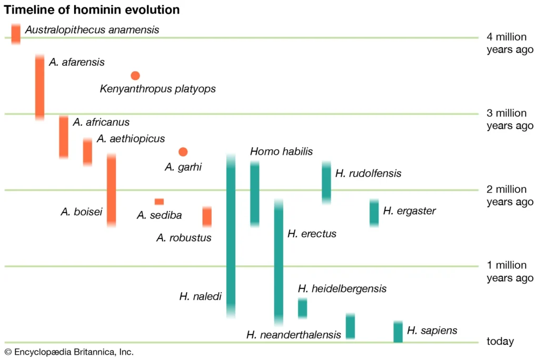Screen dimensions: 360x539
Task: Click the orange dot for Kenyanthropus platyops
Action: click(x=135, y=75)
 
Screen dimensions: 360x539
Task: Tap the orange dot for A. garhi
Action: click(x=183, y=152)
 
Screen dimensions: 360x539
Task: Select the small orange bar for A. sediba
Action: click(x=159, y=202)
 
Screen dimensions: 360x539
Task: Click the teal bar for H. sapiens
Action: click(x=398, y=332)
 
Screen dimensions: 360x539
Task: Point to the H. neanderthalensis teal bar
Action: click(x=350, y=326)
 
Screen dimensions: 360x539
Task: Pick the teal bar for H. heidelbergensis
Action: click(x=302, y=308)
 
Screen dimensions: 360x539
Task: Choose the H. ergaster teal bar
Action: click(x=374, y=213)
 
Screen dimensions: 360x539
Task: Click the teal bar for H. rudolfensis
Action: click(x=326, y=183)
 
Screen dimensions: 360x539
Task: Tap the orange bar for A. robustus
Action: click(x=207, y=217)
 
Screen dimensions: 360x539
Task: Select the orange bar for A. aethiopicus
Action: click(x=87, y=152)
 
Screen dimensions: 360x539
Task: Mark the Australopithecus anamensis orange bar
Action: click(x=16, y=34)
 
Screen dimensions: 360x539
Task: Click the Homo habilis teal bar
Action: click(x=255, y=194)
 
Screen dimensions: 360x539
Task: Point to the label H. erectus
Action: click(x=312, y=234)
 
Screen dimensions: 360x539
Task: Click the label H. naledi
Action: click(x=200, y=297)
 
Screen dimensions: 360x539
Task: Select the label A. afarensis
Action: click(x=77, y=62)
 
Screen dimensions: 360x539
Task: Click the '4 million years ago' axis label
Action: click(x=510, y=43)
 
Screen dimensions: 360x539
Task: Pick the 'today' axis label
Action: click(x=500, y=342)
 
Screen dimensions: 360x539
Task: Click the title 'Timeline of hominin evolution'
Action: click(x=92, y=10)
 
